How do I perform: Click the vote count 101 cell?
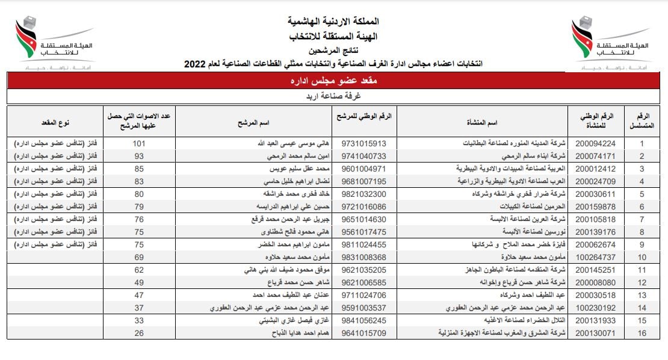[140, 144]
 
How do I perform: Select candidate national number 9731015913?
[363, 144]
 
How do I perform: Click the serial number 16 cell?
[642, 332]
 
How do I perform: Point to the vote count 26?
[140, 332]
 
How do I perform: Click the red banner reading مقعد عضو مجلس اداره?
[334, 81]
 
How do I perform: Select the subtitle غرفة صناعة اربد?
[334, 96]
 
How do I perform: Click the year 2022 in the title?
[196, 64]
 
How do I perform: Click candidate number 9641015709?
[363, 332]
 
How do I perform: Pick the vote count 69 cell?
[140, 257]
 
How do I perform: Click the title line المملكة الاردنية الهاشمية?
[334, 22]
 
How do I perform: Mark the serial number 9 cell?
[642, 244]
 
